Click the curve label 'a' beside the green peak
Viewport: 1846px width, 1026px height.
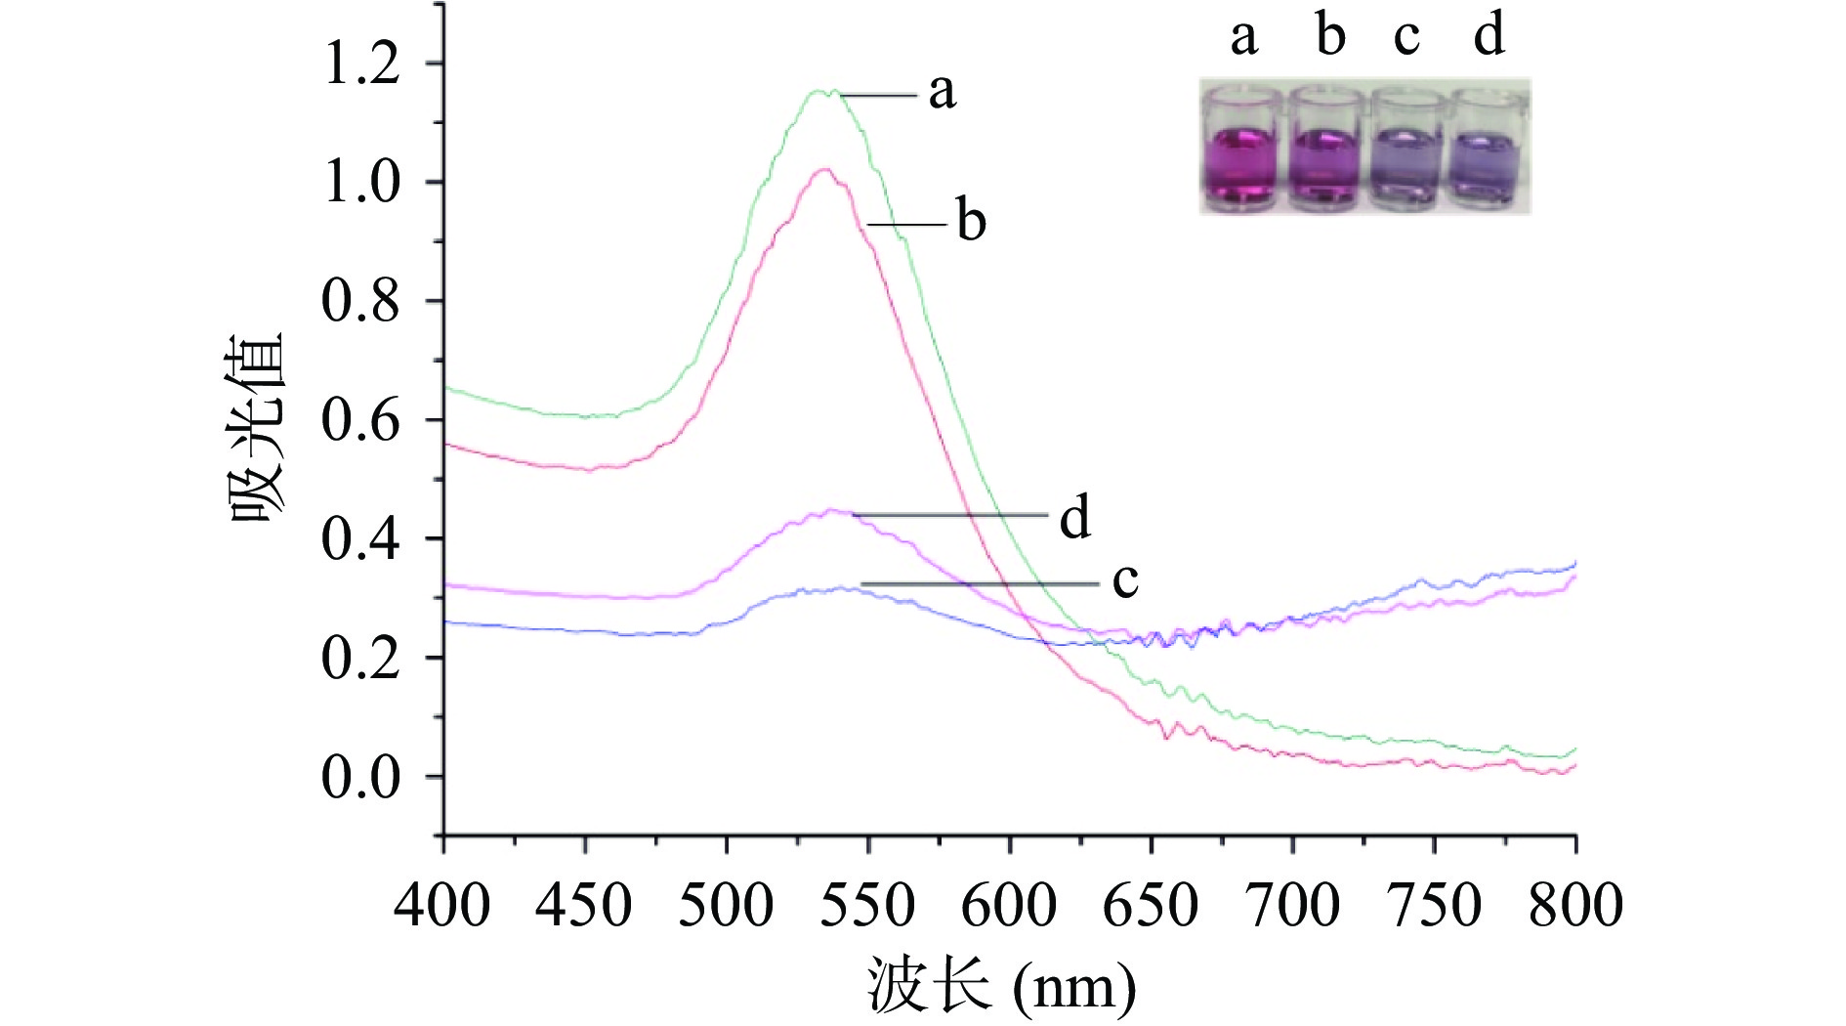click(942, 92)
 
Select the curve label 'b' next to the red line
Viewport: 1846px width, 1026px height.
click(971, 221)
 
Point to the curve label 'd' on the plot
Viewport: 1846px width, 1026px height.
click(1074, 517)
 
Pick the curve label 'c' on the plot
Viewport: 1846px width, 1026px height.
click(1125, 580)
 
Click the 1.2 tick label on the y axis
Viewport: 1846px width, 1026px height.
click(361, 64)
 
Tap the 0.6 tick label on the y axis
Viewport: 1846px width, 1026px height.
click(361, 421)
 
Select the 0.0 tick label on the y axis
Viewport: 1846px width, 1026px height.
click(361, 778)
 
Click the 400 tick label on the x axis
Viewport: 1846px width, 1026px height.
click(442, 905)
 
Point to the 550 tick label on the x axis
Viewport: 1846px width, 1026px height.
click(867, 905)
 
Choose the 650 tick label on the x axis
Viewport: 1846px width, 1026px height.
click(1151, 905)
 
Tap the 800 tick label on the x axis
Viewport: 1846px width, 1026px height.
click(1575, 905)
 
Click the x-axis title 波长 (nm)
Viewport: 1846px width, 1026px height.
click(1001, 987)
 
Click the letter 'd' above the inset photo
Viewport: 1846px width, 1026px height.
click(1489, 35)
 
